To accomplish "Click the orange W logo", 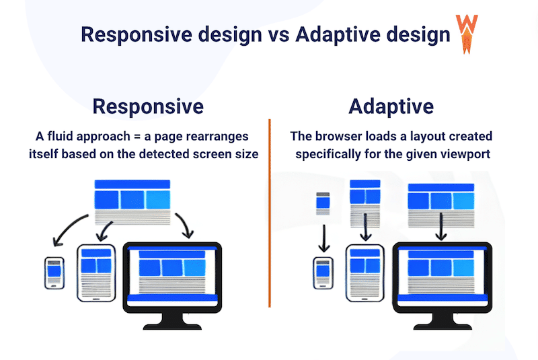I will click(x=465, y=32).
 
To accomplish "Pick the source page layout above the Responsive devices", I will click(x=132, y=201).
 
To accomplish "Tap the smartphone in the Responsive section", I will click(x=54, y=273).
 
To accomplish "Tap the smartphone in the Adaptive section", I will click(x=323, y=272).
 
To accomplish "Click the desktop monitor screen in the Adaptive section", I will click(x=441, y=271).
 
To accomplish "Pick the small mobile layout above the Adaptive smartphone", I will click(x=323, y=204).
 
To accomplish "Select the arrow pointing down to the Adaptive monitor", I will click(x=440, y=227).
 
